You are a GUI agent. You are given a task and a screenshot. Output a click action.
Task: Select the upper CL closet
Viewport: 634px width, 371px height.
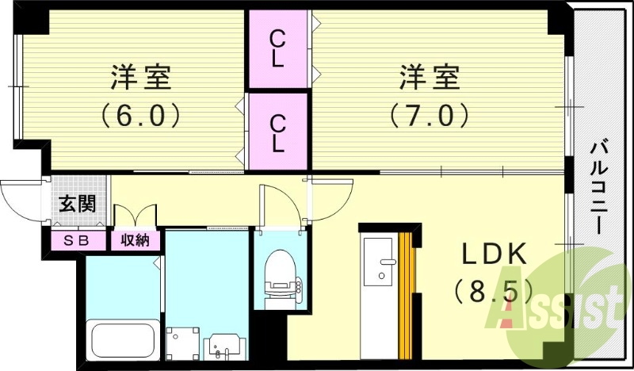277,48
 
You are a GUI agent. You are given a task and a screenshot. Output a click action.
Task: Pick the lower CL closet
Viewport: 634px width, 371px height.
277,132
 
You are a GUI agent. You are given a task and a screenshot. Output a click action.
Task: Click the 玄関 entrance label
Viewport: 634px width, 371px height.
77,203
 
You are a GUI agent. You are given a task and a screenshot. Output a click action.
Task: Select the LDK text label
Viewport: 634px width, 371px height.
495,255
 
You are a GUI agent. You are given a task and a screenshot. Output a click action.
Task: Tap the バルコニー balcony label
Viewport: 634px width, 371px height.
600,186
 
